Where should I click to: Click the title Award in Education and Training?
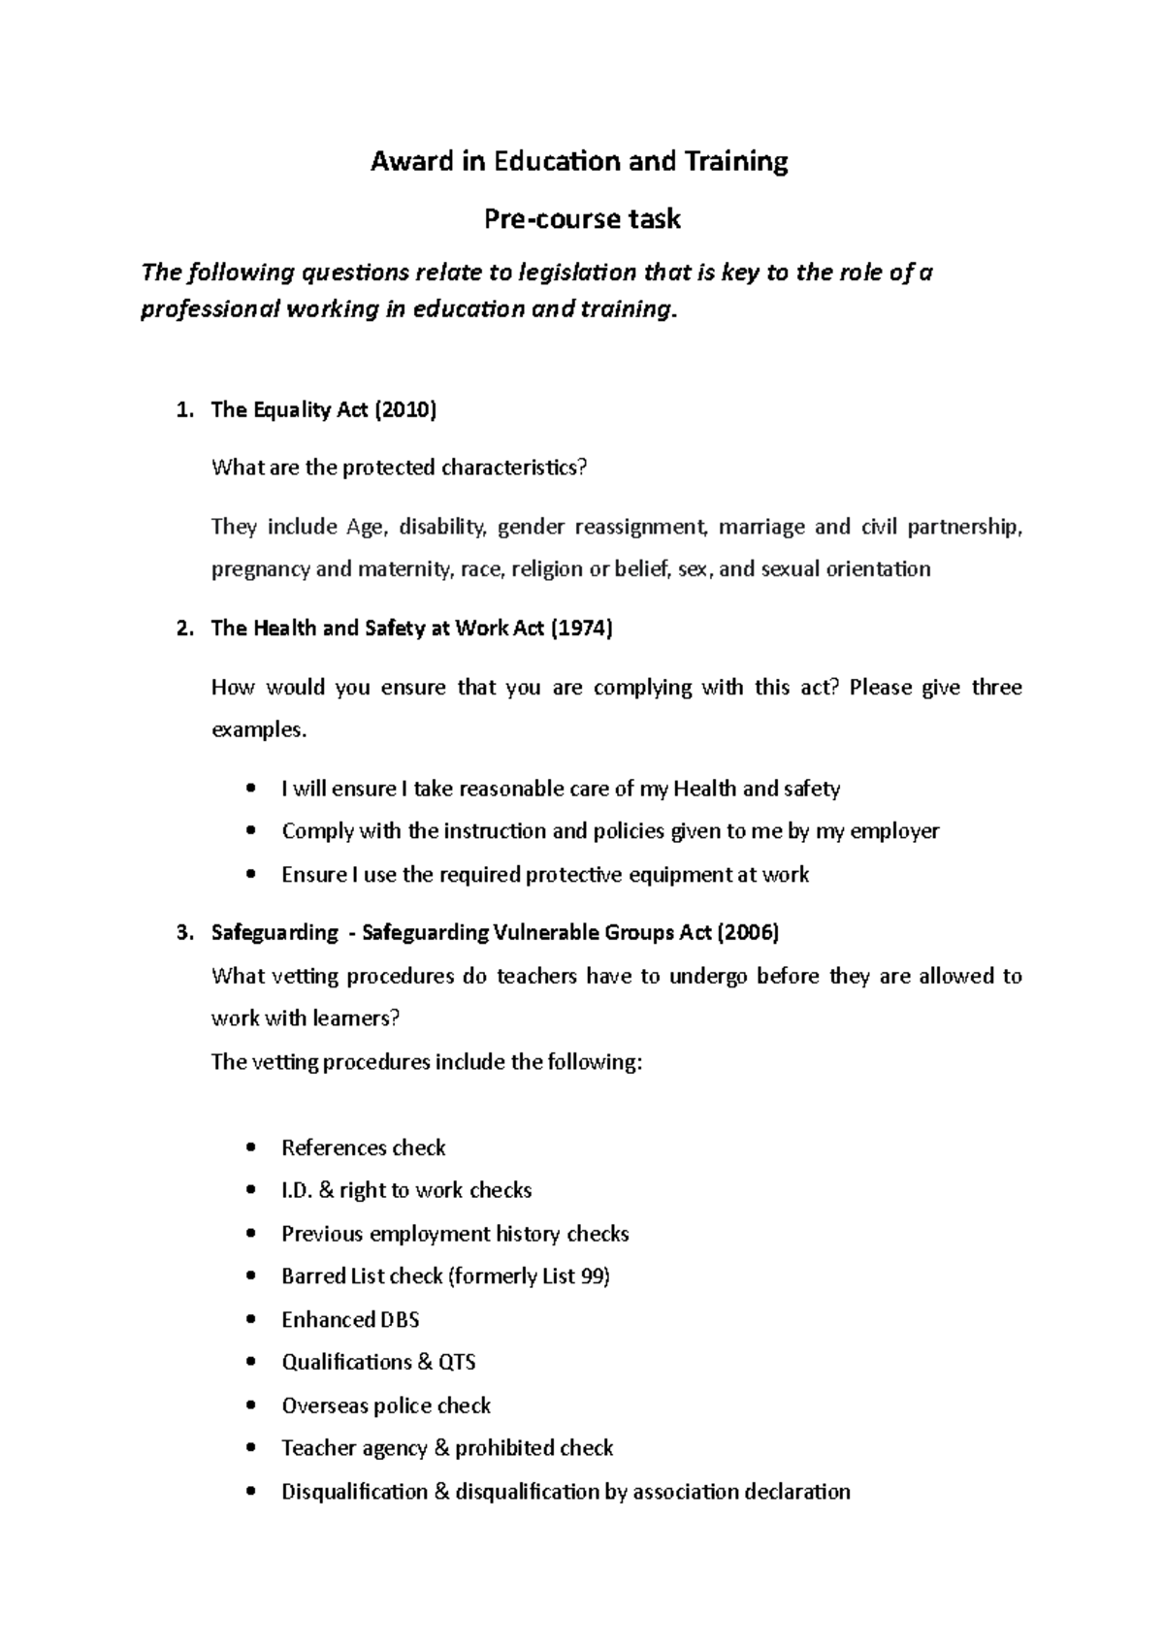(579, 161)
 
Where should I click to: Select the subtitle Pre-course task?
(582, 219)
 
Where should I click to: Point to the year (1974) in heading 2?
(582, 629)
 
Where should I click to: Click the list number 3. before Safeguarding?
(184, 933)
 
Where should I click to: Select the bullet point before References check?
(252, 1148)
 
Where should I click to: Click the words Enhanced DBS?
(350, 1320)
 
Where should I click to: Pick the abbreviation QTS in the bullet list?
(457, 1363)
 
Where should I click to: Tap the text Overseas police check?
(386, 1405)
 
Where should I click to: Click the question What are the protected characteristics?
(400, 468)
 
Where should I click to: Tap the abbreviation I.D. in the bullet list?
(296, 1191)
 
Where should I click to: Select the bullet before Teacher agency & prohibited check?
(252, 1449)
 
